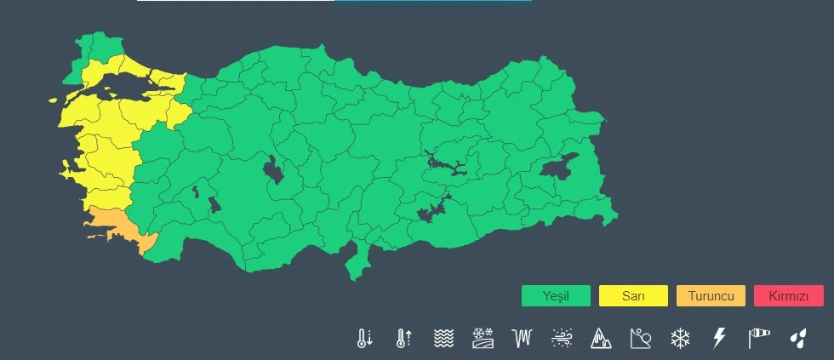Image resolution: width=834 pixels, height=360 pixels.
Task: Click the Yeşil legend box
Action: click(556, 296)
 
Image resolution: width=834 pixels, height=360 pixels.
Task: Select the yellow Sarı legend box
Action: click(633, 296)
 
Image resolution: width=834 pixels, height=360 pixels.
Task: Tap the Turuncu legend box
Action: click(711, 296)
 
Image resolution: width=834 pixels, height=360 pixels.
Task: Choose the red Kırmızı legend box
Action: click(789, 296)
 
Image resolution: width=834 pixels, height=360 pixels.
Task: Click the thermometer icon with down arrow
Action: click(364, 338)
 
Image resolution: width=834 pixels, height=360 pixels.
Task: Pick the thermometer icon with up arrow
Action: click(403, 338)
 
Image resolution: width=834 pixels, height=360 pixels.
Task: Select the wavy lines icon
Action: click(443, 338)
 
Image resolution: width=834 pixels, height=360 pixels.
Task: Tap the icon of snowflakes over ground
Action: click(483, 338)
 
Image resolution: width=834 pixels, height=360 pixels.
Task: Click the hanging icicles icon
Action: click(522, 338)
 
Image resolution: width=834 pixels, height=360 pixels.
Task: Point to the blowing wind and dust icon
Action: click(562, 338)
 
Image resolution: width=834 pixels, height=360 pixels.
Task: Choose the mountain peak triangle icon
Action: click(601, 338)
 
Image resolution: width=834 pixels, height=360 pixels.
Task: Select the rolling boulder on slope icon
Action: click(641, 338)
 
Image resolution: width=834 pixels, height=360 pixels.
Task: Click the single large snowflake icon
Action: click(680, 338)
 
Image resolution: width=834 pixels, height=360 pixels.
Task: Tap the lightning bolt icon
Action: click(719, 338)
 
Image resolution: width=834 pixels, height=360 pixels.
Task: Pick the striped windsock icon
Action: click(758, 338)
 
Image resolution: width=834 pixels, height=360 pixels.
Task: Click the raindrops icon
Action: click(797, 338)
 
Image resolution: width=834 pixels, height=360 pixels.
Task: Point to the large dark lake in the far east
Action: click(557, 165)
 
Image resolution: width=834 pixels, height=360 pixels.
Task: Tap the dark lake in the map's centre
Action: click(274, 169)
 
